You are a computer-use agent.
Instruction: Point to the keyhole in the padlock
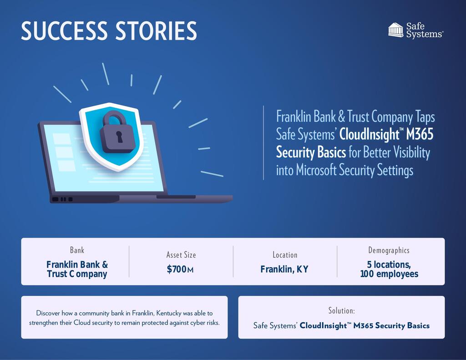click(x=119, y=136)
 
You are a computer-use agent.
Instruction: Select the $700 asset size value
click(x=177, y=269)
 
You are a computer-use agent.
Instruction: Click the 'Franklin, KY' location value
click(x=284, y=269)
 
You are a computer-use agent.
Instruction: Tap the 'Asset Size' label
click(x=181, y=255)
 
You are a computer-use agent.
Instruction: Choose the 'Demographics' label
click(x=389, y=250)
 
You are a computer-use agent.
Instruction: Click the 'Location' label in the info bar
click(x=285, y=255)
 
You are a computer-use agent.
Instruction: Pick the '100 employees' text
click(x=389, y=274)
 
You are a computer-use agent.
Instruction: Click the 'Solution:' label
click(x=341, y=311)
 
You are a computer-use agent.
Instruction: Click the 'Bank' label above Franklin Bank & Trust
click(x=77, y=250)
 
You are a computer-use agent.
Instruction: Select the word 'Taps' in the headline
click(x=425, y=117)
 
